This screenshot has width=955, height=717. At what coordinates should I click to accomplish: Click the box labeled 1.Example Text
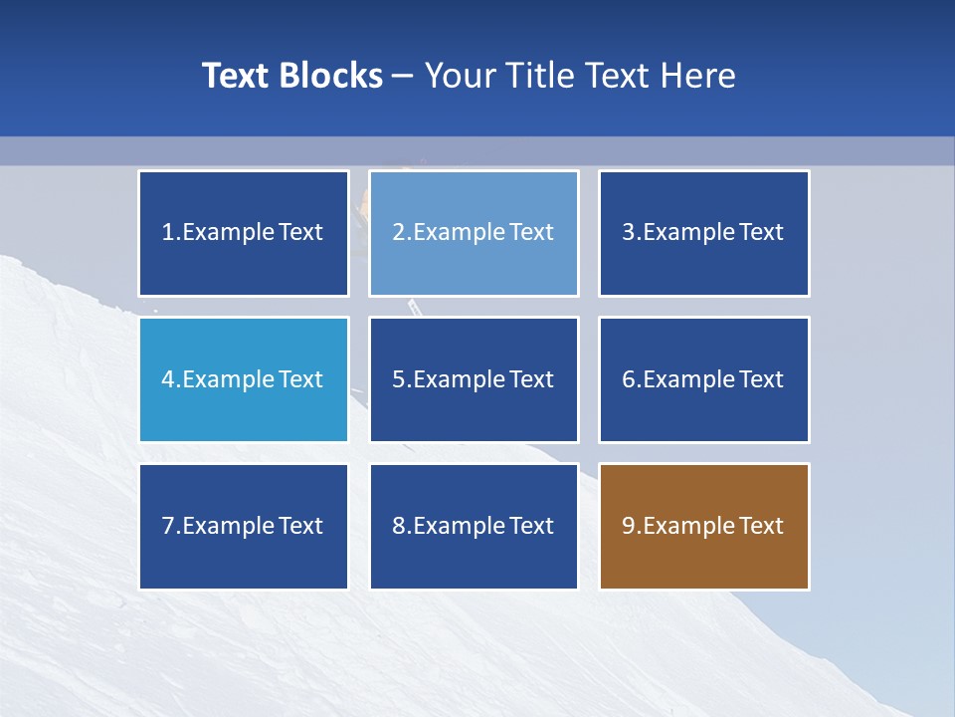[244, 233]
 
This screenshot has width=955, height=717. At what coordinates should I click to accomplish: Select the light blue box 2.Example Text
[474, 233]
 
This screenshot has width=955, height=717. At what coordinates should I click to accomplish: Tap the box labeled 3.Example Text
[703, 233]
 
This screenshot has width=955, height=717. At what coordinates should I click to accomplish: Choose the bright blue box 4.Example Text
[244, 379]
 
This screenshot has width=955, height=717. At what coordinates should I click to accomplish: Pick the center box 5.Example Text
[474, 379]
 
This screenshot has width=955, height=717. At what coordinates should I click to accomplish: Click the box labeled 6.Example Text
[703, 379]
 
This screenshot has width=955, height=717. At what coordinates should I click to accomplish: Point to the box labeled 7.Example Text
[244, 526]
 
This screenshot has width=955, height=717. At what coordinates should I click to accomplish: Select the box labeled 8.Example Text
[474, 526]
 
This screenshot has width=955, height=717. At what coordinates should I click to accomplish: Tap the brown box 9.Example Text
[703, 526]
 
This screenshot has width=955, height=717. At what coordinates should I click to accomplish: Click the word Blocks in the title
[332, 76]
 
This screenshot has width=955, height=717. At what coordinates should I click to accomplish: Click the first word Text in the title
[237, 76]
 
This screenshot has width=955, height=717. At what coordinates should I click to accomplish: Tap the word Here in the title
[699, 76]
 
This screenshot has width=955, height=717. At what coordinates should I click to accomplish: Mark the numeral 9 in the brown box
[629, 526]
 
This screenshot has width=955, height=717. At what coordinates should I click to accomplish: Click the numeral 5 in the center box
[398, 379]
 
